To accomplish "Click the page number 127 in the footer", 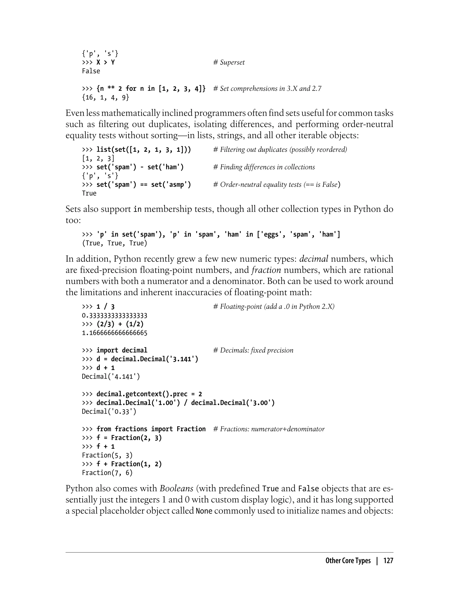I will [388, 561].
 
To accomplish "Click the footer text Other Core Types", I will [348, 561].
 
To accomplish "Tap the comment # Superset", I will [229, 62].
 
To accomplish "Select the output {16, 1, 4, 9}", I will [106, 97].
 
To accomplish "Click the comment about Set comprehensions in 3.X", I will [267, 89].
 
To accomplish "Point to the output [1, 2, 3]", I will [98, 158].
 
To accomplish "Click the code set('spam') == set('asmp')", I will [144, 185].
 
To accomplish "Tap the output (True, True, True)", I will [115, 243].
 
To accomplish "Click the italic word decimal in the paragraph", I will [313, 259].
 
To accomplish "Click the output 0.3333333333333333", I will [115, 316].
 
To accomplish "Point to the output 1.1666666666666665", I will [115, 333].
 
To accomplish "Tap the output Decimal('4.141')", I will [111, 377].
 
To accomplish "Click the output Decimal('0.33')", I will [109, 412].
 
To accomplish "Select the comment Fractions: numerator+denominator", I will [269, 429].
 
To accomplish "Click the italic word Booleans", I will [177, 488].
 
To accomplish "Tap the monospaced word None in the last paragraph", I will [204, 511].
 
